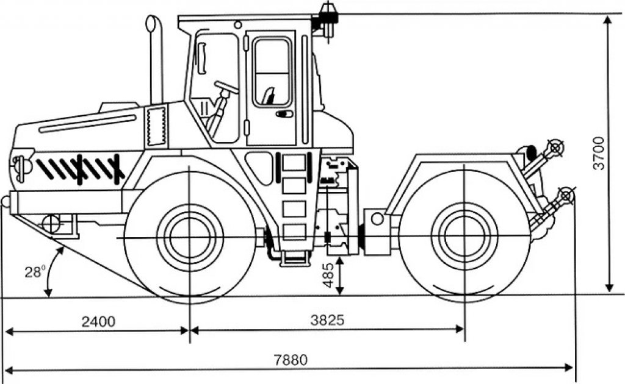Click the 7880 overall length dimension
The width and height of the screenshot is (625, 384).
click(291, 360)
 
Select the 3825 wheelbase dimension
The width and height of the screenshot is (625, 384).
click(327, 319)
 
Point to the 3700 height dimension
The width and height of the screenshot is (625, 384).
click(599, 153)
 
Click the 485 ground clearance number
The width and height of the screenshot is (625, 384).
click(328, 275)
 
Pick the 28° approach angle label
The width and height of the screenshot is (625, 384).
click(35, 272)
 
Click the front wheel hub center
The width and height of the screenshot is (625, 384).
click(190, 238)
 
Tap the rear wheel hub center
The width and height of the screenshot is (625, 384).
click(464, 238)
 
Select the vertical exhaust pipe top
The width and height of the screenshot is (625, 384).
click(151, 23)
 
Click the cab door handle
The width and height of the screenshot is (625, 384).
click(284, 114)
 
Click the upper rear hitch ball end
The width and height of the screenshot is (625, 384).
click(554, 148)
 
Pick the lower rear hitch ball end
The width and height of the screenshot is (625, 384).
click(566, 196)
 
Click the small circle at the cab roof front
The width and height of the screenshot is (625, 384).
click(238, 24)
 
